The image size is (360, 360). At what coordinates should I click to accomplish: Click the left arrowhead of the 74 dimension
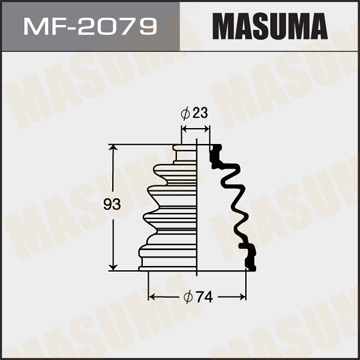(x=153, y=297)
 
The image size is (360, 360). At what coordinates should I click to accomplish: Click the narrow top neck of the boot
(x=185, y=152)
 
